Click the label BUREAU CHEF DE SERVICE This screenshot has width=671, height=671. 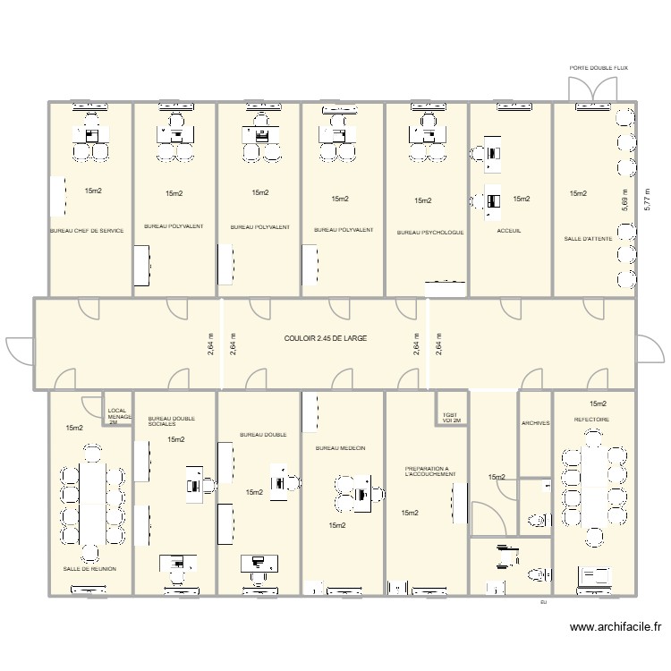[87, 230]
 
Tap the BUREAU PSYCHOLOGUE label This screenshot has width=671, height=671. [429, 233]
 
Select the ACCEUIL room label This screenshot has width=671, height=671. [508, 231]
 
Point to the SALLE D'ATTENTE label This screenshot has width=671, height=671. [585, 239]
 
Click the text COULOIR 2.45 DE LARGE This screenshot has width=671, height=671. [326, 339]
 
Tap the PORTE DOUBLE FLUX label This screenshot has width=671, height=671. [599, 68]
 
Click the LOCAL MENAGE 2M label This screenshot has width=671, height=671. [118, 416]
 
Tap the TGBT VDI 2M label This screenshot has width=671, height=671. [451, 418]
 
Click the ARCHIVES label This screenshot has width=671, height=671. [535, 423]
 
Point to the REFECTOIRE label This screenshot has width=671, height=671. [591, 419]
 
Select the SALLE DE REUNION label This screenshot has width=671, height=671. [89, 568]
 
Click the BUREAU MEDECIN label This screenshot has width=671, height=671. [340, 447]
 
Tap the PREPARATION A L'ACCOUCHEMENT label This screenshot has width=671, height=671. [428, 471]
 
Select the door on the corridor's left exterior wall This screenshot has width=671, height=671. [20, 350]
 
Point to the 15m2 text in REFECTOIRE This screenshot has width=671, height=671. [598, 404]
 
